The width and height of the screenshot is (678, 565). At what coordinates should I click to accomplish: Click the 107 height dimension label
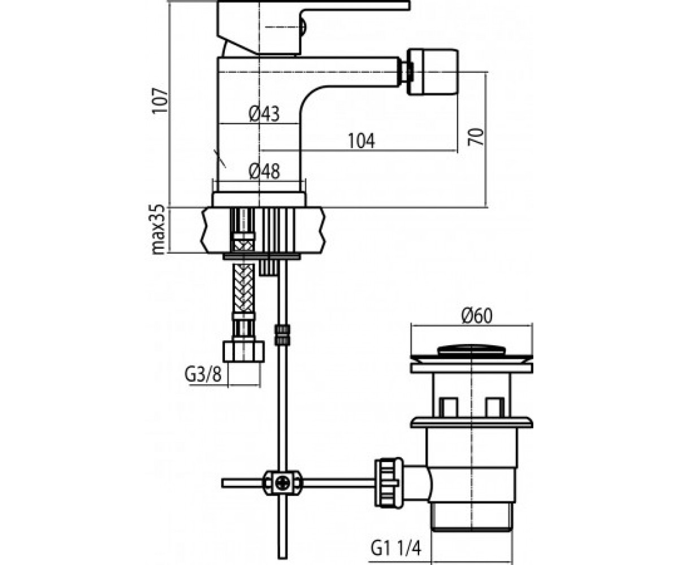pos(160,101)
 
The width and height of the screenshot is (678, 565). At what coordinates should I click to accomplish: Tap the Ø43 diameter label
pos(264,114)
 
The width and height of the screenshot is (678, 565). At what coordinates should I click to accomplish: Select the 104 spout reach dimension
pos(361,141)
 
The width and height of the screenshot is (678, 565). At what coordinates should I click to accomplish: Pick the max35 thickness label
pos(160,229)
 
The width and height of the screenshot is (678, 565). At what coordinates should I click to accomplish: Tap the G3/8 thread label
pos(203,375)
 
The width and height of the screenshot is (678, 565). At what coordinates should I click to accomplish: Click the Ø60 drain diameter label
pos(477,316)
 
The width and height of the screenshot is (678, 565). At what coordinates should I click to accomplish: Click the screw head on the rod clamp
pos(281,483)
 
